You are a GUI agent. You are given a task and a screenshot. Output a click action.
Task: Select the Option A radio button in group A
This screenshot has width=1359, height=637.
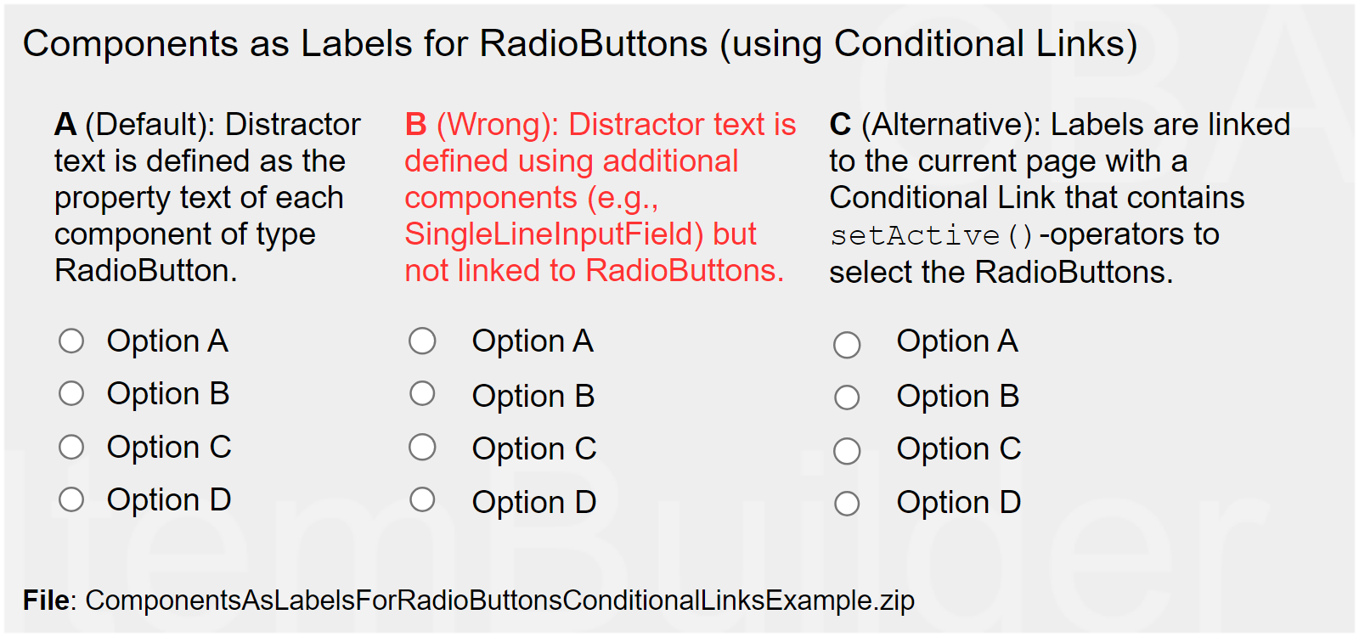[71, 341]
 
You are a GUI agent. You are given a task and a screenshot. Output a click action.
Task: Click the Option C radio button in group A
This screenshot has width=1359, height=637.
[71, 448]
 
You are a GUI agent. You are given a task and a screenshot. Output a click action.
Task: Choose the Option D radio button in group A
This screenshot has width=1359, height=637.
[71, 500]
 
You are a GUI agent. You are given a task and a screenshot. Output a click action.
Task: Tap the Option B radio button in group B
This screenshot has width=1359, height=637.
[422, 394]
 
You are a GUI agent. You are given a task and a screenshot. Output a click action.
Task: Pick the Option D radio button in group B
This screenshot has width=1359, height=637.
[422, 500]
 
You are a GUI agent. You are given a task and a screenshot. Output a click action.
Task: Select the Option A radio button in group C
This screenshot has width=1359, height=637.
[847, 345]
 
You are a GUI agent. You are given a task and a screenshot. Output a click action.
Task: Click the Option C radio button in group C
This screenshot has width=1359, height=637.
[847, 451]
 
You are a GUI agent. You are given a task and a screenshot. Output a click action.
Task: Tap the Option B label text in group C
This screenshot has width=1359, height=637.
[958, 396]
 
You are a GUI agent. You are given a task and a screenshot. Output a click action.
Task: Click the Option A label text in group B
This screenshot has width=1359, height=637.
[533, 341]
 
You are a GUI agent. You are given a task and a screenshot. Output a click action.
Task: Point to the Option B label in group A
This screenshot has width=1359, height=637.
[168, 394]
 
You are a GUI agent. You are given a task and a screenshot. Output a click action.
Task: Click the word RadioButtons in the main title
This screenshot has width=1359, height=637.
[594, 43]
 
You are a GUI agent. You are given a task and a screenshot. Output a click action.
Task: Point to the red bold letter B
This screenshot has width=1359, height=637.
[415, 124]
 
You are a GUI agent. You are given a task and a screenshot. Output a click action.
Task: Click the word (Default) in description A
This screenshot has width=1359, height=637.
[149, 125]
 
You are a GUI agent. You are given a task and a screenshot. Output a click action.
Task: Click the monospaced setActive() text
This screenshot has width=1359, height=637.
[931, 235]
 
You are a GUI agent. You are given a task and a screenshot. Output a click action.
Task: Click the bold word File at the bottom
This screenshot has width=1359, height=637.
[47, 600]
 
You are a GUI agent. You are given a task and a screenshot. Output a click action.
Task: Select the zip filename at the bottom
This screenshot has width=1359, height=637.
[499, 600]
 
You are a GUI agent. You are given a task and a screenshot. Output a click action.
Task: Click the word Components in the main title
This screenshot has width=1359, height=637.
[131, 44]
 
